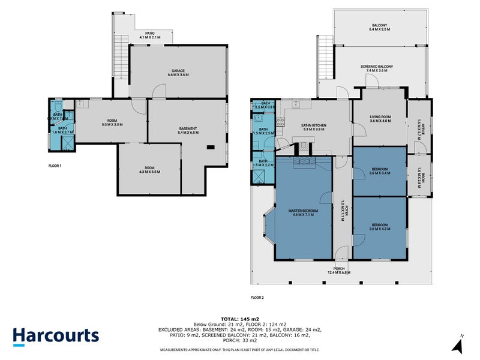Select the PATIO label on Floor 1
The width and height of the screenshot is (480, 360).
[151, 34]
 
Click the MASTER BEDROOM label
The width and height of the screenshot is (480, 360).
[302, 211]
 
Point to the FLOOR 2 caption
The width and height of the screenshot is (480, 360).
[257, 296]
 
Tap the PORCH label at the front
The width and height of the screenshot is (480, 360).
[340, 268]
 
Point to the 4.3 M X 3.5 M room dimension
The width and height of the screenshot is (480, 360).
[149, 172]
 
